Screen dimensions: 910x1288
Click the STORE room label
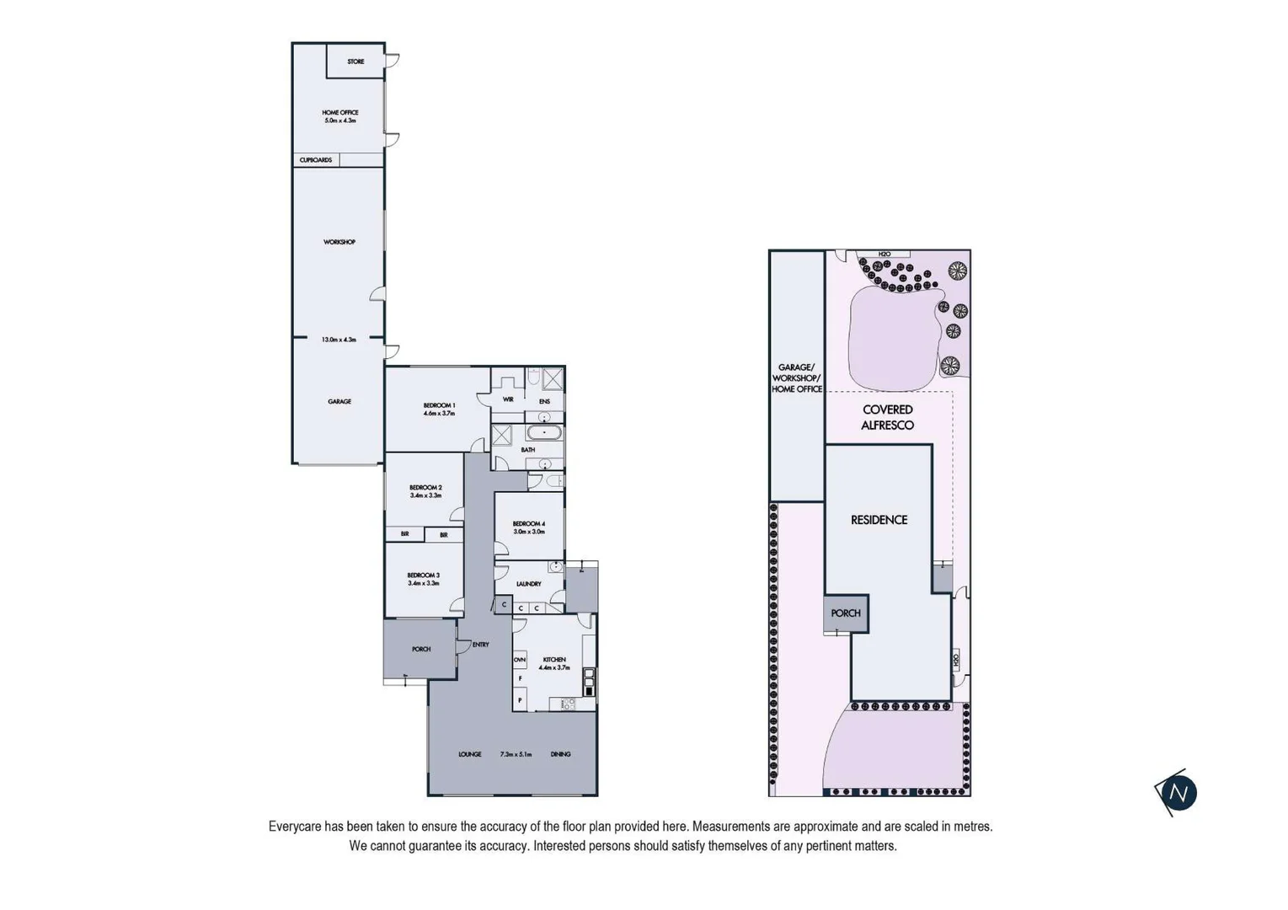(x=355, y=62)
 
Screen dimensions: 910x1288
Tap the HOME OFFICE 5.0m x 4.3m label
(x=340, y=116)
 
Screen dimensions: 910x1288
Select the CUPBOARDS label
(x=316, y=159)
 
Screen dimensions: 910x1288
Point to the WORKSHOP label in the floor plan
(x=339, y=242)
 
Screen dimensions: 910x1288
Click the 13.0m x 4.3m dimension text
(x=339, y=340)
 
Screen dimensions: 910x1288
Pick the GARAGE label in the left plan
(x=339, y=401)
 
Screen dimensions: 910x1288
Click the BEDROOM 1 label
(x=439, y=409)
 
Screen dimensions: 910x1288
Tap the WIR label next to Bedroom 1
(x=508, y=399)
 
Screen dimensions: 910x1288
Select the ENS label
(x=544, y=401)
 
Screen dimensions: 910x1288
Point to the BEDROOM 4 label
(x=529, y=527)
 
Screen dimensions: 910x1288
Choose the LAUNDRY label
(x=528, y=584)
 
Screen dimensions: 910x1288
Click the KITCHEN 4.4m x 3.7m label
(x=554, y=663)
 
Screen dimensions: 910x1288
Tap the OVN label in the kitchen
(x=520, y=660)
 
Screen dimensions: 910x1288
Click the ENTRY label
(x=480, y=645)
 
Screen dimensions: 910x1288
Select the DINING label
(x=560, y=754)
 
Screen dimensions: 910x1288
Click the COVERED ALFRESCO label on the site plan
(x=887, y=417)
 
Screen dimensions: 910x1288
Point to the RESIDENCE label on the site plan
(x=879, y=520)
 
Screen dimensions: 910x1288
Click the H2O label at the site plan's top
(x=884, y=254)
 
